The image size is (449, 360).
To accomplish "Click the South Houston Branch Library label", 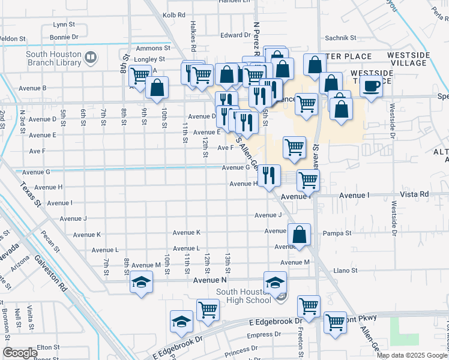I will point(53,58).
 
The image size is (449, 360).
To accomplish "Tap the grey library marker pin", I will point(91,58).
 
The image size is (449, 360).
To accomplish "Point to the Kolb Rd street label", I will point(174,14).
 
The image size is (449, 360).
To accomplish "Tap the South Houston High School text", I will point(243,296).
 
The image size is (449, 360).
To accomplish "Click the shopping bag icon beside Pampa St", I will point(298,234).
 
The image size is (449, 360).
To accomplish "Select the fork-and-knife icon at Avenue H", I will point(269,175).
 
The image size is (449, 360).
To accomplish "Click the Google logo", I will point(20,353).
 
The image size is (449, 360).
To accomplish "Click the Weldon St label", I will point(12,38).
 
